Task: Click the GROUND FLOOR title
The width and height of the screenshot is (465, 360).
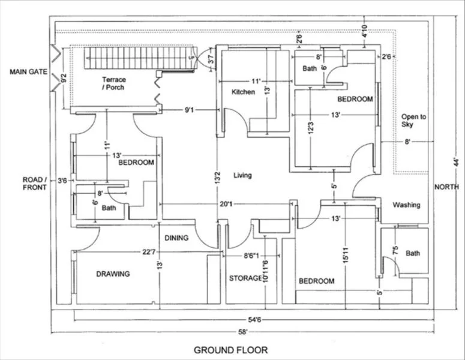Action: pyautogui.click(x=231, y=350)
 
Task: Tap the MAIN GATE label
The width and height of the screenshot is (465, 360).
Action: pyautogui.click(x=28, y=72)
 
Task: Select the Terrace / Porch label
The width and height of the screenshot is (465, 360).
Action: pyautogui.click(x=114, y=83)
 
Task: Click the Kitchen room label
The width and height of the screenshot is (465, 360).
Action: pyautogui.click(x=243, y=92)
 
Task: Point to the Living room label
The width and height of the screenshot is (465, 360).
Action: pyautogui.click(x=242, y=175)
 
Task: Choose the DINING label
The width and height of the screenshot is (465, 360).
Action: pyautogui.click(x=176, y=238)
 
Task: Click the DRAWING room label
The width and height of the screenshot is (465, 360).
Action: pyautogui.click(x=113, y=274)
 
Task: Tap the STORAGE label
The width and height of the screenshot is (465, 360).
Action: pyautogui.click(x=245, y=278)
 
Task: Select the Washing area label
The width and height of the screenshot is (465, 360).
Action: pyautogui.click(x=406, y=205)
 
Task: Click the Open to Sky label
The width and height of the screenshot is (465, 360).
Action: pyautogui.click(x=413, y=121)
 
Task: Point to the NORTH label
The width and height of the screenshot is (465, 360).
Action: pyautogui.click(x=446, y=187)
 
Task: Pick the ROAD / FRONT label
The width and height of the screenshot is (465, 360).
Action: pyautogui.click(x=35, y=184)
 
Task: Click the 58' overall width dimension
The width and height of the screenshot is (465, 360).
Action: pyautogui.click(x=242, y=332)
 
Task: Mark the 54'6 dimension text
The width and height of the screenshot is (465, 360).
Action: pyautogui.click(x=254, y=319)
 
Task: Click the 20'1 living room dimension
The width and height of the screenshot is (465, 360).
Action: pyautogui.click(x=226, y=204)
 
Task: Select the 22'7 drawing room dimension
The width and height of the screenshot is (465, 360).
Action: pyautogui.click(x=149, y=252)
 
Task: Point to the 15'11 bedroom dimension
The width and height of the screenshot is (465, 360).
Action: pyautogui.click(x=346, y=255)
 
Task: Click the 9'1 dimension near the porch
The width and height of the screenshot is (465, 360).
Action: pyautogui.click(x=190, y=110)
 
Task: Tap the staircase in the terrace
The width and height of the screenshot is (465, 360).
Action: pyautogui.click(x=139, y=58)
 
